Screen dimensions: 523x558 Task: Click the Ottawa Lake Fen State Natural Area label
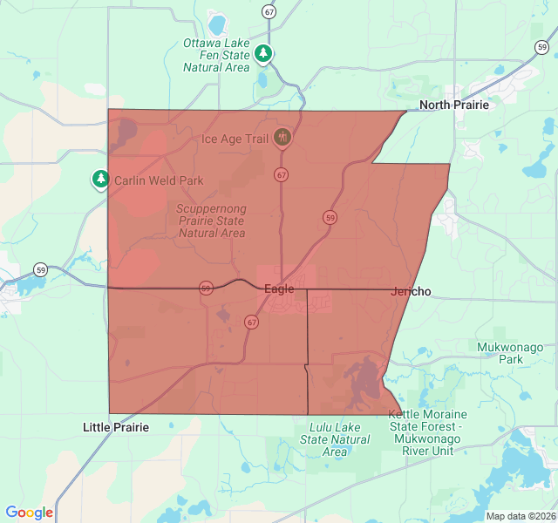[216, 55]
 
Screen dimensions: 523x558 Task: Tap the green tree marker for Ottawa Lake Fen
[263, 54]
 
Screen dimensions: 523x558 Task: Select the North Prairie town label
[454, 105]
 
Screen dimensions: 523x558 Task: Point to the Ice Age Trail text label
[235, 139]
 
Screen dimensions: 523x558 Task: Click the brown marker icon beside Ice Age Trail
[282, 137]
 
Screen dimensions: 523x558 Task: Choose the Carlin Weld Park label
[158, 180]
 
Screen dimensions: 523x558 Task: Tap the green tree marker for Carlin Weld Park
[101, 180]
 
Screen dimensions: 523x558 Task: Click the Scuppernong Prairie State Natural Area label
[211, 221]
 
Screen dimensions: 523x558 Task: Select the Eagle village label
[279, 289]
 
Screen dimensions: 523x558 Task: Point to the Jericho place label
[412, 291]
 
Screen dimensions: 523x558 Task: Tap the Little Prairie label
[116, 427]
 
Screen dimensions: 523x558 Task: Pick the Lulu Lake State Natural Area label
[336, 439]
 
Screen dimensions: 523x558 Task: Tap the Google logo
[30, 513]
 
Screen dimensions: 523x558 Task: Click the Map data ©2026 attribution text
[521, 516]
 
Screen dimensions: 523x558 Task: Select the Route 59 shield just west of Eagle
[206, 288]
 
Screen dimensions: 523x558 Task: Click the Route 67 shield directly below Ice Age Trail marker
[281, 174]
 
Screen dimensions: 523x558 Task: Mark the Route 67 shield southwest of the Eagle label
[252, 322]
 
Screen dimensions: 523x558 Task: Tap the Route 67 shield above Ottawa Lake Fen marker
[269, 11]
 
